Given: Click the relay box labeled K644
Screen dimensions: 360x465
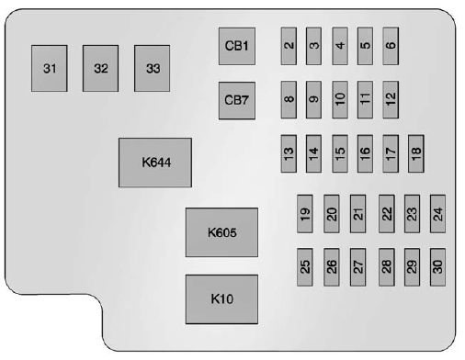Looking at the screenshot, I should point(154,163).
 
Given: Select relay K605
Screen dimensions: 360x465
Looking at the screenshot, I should point(221,232).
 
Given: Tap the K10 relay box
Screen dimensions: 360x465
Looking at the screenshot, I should point(221,298).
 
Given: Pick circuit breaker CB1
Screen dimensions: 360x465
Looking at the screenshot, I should point(236,46).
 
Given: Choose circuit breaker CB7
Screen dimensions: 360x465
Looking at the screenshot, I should point(236,99).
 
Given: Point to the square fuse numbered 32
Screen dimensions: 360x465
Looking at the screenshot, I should point(101,69).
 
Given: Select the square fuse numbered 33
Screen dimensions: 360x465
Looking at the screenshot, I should point(153,69).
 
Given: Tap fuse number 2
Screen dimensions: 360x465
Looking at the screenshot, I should point(289,45).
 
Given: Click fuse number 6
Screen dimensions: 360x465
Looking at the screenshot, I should point(391,45).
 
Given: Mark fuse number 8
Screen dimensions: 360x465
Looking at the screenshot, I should point(289,98).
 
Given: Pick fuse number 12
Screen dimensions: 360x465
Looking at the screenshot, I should point(391,96).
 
